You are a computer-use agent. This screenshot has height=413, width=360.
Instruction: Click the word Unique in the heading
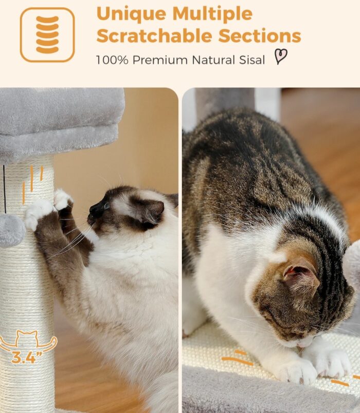131,14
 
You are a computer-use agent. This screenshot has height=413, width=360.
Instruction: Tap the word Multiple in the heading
212,14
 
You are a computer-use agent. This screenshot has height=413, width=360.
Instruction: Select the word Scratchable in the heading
154,36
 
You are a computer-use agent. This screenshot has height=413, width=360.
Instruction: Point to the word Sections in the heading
260,36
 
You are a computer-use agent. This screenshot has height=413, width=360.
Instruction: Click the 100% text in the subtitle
112,60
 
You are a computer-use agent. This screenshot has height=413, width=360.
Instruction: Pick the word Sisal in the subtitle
252,60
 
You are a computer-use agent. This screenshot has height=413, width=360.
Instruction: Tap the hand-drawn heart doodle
281,57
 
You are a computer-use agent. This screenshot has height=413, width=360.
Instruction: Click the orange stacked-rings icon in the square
47,34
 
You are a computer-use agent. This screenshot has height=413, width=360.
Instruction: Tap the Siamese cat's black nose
94,210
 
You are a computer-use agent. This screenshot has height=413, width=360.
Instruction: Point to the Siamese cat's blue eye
107,206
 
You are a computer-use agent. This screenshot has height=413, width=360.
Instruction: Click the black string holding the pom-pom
5,189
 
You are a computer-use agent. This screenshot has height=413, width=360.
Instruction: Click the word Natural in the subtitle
213,60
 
